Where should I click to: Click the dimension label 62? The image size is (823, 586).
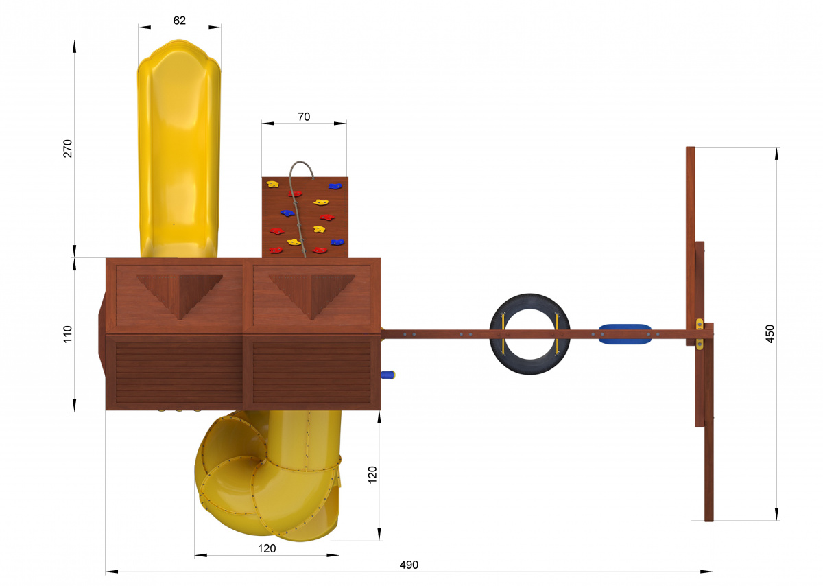(x=179, y=21)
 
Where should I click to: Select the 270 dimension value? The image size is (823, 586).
(x=68, y=148)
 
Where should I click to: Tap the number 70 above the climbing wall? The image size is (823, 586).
(x=304, y=117)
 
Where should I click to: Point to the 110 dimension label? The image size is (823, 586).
(x=68, y=334)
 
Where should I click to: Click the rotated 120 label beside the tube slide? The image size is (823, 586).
(x=372, y=475)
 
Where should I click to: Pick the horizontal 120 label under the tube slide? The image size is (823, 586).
(x=267, y=548)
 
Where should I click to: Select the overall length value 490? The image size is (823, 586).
(x=409, y=565)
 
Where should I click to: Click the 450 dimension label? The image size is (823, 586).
(x=770, y=333)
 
